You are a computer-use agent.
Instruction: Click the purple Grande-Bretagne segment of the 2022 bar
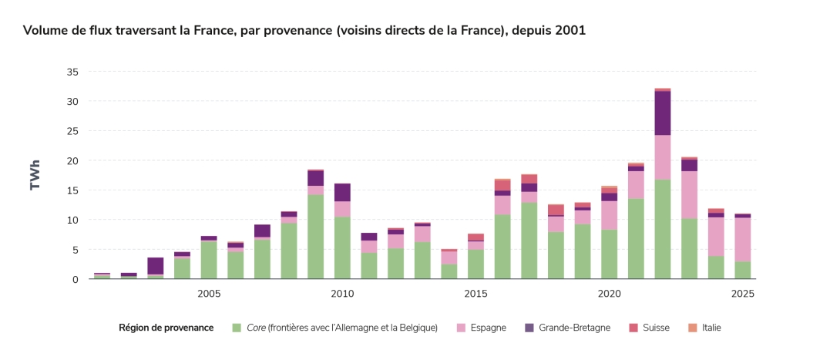point(662,113)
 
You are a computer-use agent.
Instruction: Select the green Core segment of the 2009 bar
point(315,237)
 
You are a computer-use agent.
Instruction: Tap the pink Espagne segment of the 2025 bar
point(742,240)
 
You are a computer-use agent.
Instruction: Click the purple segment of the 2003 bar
point(156,266)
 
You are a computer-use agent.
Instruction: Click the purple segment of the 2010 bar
point(342,193)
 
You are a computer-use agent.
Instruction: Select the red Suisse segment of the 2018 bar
point(556,210)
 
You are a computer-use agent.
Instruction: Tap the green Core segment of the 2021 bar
point(636,239)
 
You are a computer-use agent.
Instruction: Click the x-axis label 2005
point(209,294)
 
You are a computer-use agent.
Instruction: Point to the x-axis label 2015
point(475,294)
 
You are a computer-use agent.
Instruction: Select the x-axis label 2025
point(742,294)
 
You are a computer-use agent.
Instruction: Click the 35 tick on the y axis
point(72,72)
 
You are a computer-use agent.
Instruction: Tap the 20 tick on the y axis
point(72,160)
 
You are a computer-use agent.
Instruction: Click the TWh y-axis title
point(35,175)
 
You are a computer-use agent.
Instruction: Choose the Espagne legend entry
point(489,328)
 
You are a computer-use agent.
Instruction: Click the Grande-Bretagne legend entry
point(574,328)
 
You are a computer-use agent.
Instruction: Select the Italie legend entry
point(711,328)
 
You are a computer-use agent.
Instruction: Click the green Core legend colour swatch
point(237,328)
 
